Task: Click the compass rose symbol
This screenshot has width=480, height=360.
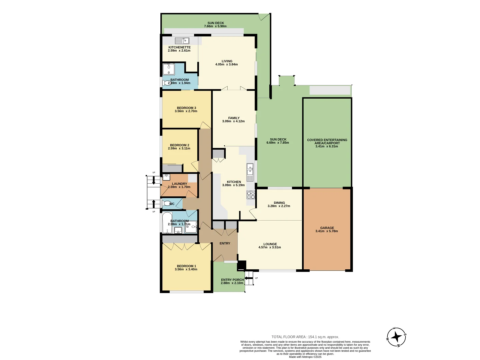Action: (x=396, y=337)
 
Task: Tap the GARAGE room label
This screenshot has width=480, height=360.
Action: (x=327, y=228)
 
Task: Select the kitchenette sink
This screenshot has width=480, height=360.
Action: (x=182, y=41)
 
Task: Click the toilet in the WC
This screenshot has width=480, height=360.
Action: (x=166, y=203)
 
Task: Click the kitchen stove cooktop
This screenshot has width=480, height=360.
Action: (x=251, y=194)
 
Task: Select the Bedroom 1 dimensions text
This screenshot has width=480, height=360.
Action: (x=186, y=269)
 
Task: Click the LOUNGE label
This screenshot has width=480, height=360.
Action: (x=270, y=244)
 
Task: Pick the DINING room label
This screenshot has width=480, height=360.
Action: (x=279, y=203)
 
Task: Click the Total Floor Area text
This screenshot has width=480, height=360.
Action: (x=305, y=337)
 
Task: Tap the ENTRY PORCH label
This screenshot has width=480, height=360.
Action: (x=232, y=280)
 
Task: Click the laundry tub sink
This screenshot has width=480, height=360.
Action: (x=166, y=177)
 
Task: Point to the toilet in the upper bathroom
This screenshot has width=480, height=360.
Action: (x=167, y=83)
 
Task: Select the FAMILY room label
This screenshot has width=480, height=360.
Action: (x=234, y=118)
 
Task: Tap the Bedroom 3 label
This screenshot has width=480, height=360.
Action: (x=186, y=108)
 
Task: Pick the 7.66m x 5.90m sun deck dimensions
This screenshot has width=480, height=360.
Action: (x=215, y=26)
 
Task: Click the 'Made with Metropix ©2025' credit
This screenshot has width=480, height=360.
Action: (x=305, y=357)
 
